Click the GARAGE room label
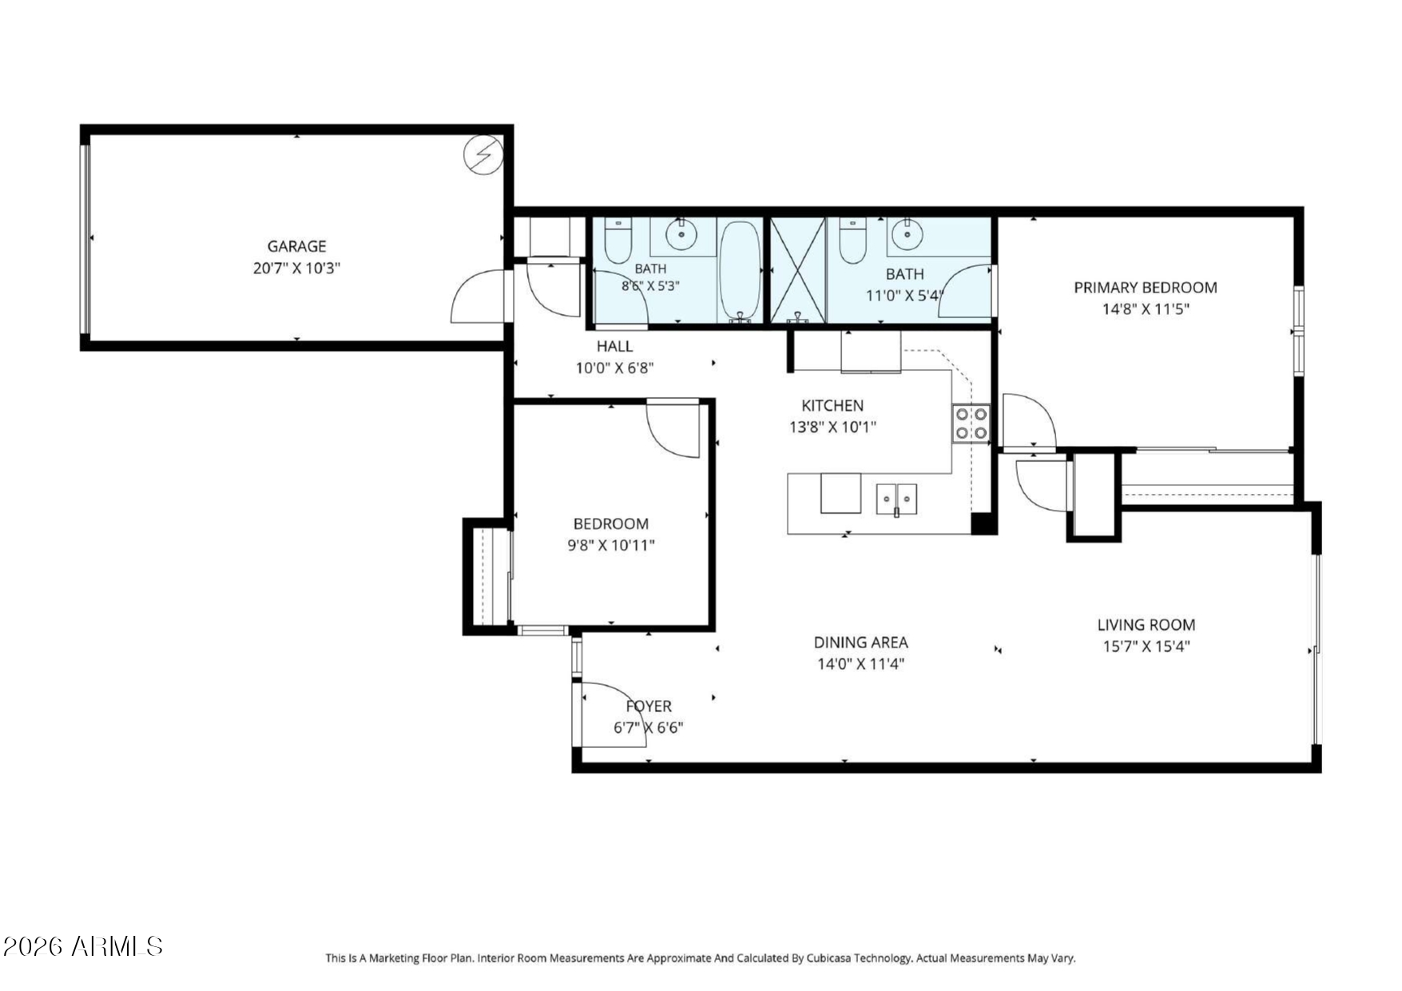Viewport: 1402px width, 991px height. (x=296, y=246)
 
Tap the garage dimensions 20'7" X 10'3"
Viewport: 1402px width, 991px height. (x=296, y=269)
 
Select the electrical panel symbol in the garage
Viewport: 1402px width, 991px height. (x=483, y=154)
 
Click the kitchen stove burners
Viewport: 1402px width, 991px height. (x=971, y=424)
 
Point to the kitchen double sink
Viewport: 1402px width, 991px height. (x=896, y=499)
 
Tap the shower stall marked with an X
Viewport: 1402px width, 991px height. (x=797, y=270)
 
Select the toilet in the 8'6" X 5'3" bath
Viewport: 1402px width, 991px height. (x=618, y=240)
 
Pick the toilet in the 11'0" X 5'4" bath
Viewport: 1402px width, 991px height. (x=852, y=240)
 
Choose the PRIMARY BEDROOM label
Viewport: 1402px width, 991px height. (x=1146, y=288)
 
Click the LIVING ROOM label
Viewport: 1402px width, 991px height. (x=1146, y=625)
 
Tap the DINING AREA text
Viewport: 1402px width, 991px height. (x=861, y=642)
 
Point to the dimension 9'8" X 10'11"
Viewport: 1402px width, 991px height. (x=611, y=545)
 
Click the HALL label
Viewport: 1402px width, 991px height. (x=614, y=346)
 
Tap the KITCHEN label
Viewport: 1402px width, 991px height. (x=832, y=405)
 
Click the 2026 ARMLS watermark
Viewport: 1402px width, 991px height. (x=83, y=946)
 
